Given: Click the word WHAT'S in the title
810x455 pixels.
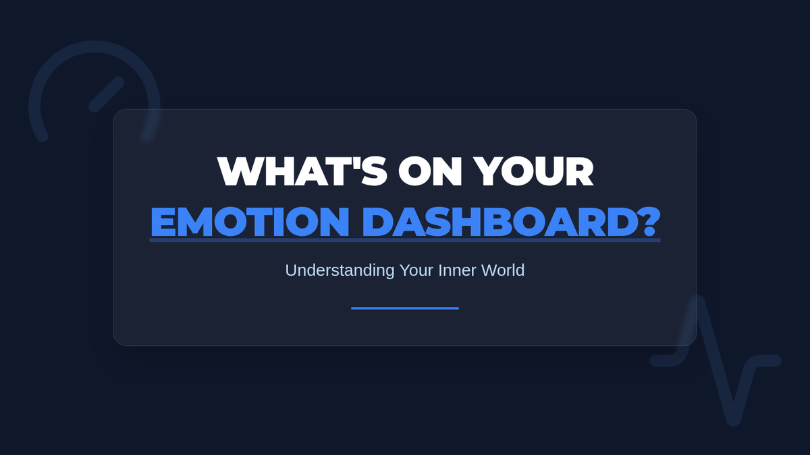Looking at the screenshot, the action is click(302, 171).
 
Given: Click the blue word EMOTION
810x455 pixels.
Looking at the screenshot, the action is click(250, 221).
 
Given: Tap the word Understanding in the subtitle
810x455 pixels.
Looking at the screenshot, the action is click(340, 271).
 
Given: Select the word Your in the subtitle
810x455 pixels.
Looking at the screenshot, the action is click(416, 270).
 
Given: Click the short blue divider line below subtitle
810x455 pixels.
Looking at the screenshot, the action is click(405, 309).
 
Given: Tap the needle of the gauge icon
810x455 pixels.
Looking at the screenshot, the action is click(107, 94).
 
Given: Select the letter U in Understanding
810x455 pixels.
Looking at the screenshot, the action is click(291, 270).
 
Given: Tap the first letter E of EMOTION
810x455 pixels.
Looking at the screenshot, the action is click(161, 221).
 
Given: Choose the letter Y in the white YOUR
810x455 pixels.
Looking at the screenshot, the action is click(488, 171).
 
